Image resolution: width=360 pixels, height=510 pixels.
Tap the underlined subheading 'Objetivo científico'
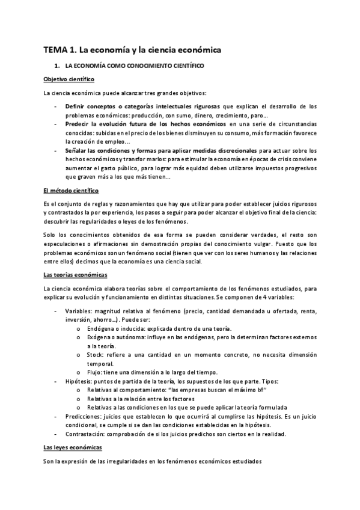(x=69, y=79)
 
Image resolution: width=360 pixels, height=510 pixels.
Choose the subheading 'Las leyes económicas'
(x=73, y=448)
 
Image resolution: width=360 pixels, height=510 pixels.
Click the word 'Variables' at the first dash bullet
(x=79, y=312)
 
